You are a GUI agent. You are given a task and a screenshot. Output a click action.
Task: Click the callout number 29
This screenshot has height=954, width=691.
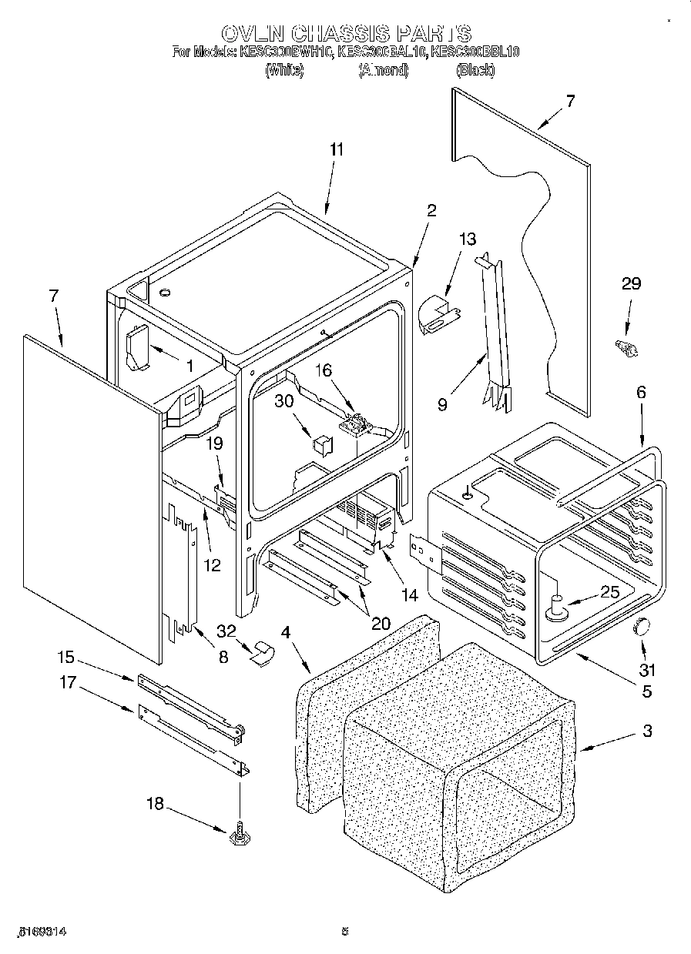(631, 283)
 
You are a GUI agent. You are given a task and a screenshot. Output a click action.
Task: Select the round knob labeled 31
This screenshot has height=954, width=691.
(641, 628)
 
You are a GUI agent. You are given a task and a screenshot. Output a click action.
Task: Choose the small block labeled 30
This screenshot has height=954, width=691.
(320, 446)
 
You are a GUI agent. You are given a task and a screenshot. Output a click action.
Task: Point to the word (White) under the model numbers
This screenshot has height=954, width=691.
(283, 70)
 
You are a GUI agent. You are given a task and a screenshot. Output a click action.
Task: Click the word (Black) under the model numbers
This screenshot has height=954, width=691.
(475, 70)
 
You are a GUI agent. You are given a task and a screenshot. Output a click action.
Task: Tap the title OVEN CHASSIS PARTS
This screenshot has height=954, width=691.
(345, 34)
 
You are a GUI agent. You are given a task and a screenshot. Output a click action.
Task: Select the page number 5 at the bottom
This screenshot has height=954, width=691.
(345, 932)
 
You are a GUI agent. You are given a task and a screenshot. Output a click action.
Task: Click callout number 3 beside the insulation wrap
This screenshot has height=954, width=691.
(647, 731)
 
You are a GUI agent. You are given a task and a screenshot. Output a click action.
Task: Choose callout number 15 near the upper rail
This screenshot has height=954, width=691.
(66, 657)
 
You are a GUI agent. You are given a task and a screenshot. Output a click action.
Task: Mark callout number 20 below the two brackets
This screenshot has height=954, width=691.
(380, 622)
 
